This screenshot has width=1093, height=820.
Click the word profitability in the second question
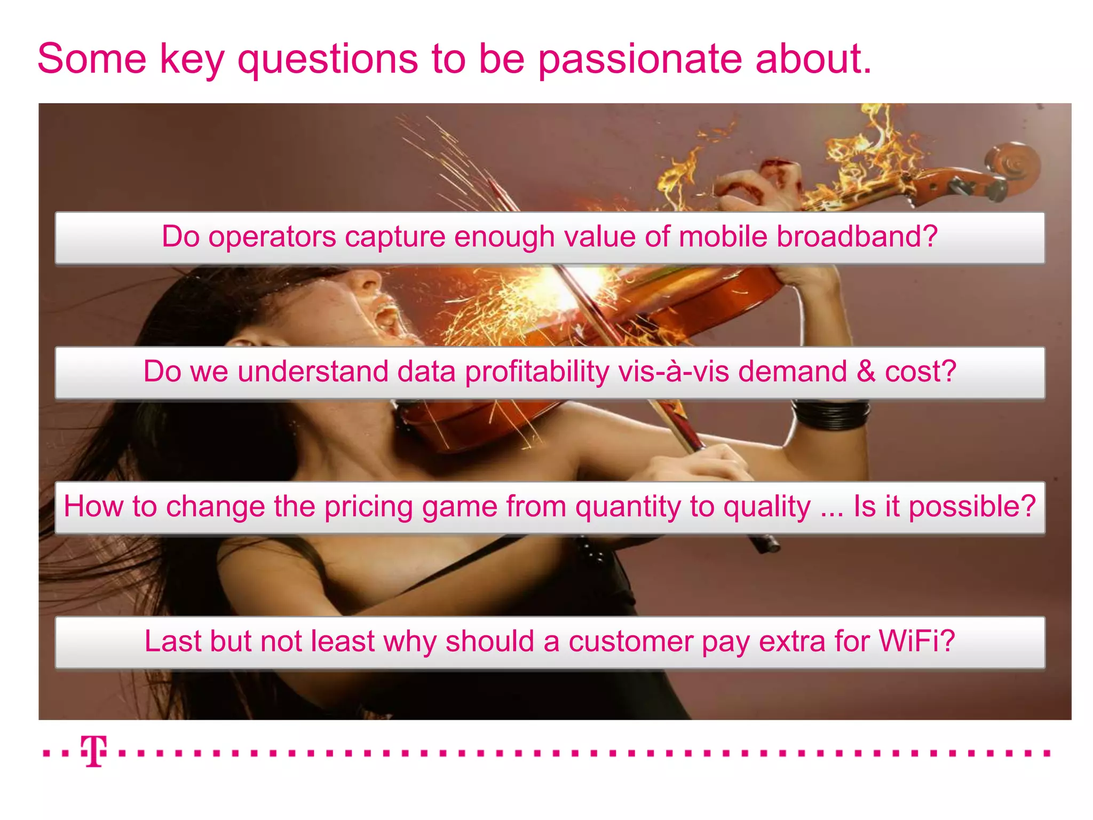point(536,372)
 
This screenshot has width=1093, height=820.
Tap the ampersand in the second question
point(866,372)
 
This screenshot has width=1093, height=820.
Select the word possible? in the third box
point(972,507)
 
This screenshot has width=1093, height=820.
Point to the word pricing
point(369,507)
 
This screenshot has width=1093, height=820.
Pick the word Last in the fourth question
point(172,641)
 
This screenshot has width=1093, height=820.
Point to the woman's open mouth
point(387,315)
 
